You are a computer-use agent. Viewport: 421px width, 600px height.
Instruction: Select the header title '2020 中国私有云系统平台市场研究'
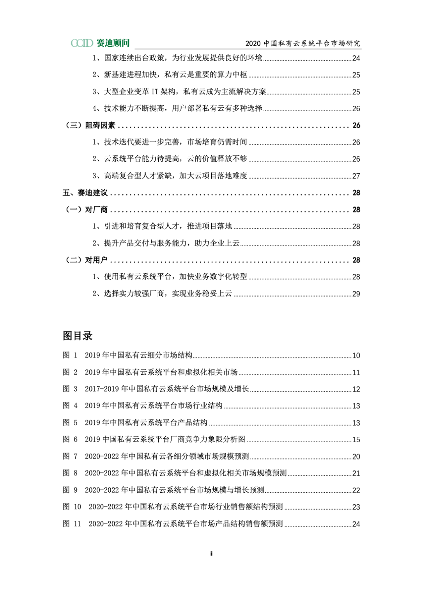302,43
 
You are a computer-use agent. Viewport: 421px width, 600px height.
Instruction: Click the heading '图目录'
78,336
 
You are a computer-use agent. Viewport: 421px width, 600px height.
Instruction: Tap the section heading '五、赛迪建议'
85,193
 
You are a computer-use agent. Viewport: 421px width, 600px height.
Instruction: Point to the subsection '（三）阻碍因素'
90,125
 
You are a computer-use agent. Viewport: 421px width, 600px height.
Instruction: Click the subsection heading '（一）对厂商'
86,210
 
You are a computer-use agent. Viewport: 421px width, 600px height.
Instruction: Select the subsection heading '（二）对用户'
86,260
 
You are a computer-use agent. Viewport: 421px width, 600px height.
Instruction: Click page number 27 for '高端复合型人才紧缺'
356,176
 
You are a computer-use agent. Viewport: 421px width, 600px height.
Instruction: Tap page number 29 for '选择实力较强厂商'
356,294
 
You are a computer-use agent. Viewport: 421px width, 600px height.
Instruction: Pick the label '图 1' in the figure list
70,355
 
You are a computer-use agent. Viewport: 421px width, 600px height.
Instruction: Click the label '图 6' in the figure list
70,440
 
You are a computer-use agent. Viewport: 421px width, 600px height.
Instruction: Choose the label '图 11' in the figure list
72,524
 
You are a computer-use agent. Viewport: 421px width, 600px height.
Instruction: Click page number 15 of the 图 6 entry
356,440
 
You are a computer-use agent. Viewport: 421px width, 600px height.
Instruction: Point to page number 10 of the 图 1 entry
356,356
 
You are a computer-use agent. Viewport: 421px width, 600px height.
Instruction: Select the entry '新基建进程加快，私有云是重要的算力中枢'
175,75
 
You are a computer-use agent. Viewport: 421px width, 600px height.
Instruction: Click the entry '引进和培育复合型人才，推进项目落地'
168,226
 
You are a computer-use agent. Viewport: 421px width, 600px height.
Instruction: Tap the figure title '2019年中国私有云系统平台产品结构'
146,423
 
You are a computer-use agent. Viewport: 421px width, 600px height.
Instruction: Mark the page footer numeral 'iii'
211,554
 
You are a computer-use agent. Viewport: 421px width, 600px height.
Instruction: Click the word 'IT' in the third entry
155,92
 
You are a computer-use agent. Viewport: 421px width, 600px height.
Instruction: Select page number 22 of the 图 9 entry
356,490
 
